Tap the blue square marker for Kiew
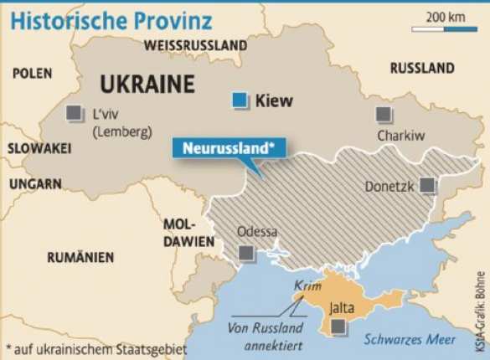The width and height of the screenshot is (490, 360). (241, 101)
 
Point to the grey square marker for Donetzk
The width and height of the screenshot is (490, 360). (428, 185)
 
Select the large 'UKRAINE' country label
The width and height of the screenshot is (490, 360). (147, 85)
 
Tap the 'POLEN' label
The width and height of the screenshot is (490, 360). (32, 74)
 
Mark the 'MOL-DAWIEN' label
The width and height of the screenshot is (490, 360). (178, 233)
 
